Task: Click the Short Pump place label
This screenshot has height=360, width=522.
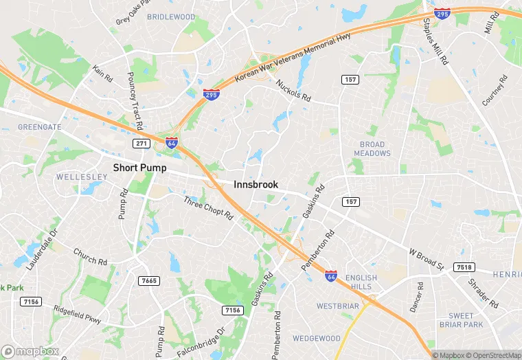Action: tap(139, 168)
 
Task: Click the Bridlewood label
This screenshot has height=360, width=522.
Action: tap(171, 16)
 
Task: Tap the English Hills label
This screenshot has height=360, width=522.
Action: tap(361, 282)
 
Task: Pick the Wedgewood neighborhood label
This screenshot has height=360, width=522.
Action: tap(317, 338)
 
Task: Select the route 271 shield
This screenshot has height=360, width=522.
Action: tap(141, 143)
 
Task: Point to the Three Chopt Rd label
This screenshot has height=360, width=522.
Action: tap(208, 209)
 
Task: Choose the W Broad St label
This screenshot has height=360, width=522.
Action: tap(427, 259)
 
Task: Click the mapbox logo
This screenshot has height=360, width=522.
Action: tap(30, 351)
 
